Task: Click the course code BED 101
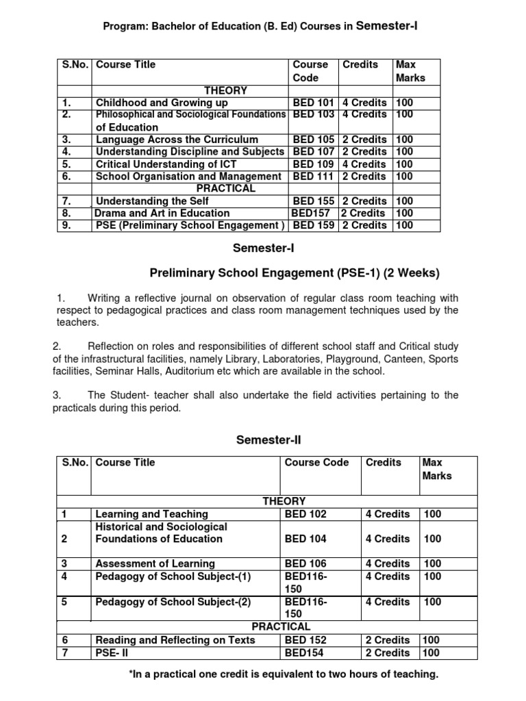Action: (314, 103)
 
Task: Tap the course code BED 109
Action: (314, 164)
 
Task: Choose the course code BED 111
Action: (314, 177)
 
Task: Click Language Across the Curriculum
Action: (177, 140)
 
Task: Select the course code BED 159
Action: (314, 225)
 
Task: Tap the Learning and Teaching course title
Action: (151, 514)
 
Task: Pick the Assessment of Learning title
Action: (155, 564)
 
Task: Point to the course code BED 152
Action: (305, 641)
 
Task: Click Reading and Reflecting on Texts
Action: (175, 641)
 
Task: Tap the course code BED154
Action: (303, 653)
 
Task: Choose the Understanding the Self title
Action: (152, 201)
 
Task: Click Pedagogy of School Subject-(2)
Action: (173, 602)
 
